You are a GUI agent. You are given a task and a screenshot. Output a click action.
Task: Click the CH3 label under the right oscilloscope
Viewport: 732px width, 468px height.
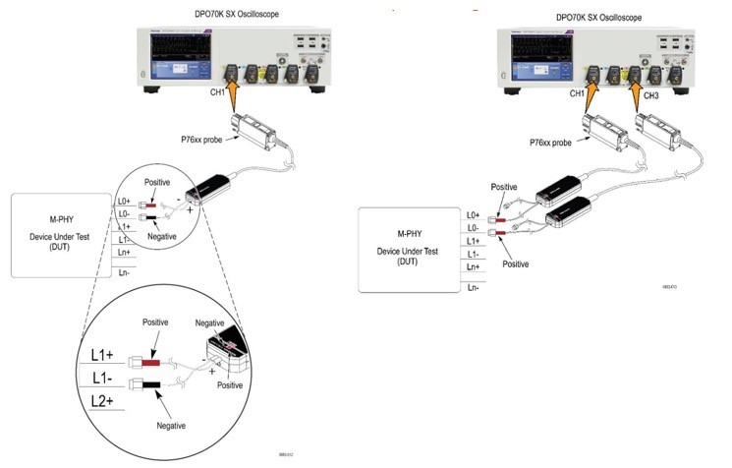pyautogui.click(x=652, y=95)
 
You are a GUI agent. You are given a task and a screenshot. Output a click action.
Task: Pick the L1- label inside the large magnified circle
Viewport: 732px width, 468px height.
pyautogui.click(x=105, y=378)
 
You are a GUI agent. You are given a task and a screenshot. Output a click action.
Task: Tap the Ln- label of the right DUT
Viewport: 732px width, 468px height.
pyautogui.click(x=473, y=286)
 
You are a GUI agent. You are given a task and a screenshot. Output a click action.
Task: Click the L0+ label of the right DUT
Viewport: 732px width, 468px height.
pyautogui.click(x=473, y=214)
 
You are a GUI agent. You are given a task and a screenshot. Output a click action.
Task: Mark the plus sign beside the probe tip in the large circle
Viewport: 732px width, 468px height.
pyautogui.click(x=211, y=373)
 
